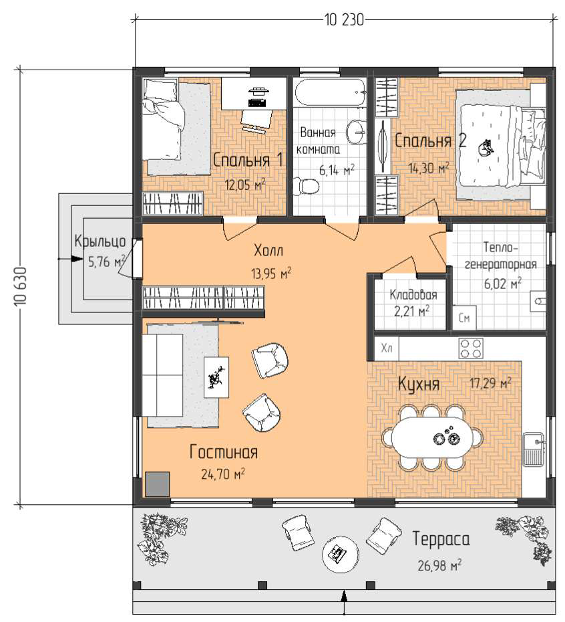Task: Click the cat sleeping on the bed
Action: pos(486,148)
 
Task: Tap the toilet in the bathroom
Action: pos(306,186)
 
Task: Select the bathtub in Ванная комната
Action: pos(331,93)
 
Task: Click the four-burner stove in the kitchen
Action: pos(470,348)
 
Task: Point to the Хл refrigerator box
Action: pos(386,348)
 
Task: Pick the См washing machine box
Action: pos(464,317)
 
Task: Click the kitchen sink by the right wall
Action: pos(534,449)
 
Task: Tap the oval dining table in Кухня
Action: pos(433,437)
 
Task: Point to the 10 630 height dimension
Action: pos(20,286)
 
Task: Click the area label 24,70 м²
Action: pos(222,474)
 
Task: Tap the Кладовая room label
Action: pos(413,295)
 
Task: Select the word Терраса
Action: pos(441,539)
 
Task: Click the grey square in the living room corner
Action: pos(158,484)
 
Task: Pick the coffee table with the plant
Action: pos(216,377)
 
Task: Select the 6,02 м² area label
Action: pos(502,283)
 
